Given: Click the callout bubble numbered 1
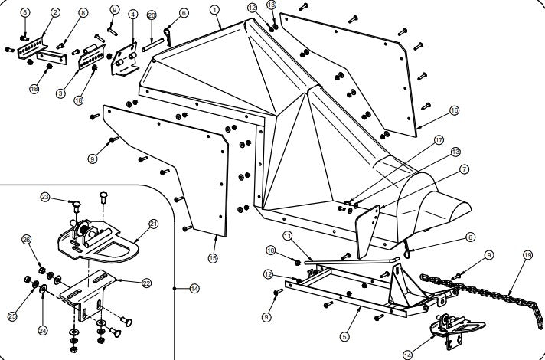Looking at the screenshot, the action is coord(215,10).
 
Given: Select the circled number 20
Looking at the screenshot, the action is coord(152,15).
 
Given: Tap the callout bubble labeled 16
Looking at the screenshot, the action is coord(454,110).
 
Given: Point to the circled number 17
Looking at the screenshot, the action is coord(439,140).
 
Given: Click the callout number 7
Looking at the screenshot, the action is coord(464,169).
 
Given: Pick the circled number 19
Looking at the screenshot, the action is coord(527,255).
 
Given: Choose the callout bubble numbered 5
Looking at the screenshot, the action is coord(344,337).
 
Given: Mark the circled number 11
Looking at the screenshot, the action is coord(288,236).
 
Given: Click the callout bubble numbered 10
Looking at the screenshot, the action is coord(271,250).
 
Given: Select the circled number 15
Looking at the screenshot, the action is coord(213,258).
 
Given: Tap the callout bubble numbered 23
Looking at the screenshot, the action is coord(45,197).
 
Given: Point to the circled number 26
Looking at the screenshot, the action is coord(27,239).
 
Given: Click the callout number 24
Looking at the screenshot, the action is coord(43,330).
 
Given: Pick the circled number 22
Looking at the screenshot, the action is coord(147,283).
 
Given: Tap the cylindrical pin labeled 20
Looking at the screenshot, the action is coord(152,45).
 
